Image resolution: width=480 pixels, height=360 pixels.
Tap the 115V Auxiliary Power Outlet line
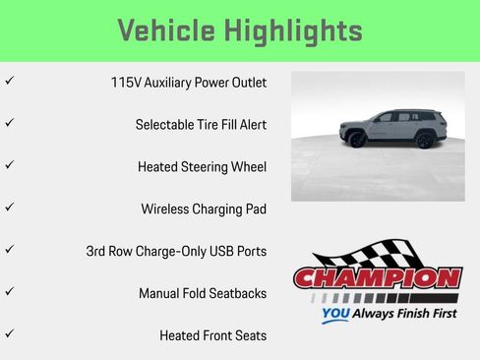coord(189,83)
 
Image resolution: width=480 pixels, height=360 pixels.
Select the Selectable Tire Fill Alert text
coord(201,125)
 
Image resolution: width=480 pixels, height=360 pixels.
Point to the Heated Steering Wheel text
coord(202,167)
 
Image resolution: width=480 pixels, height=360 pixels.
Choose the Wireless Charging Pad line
coord(204,209)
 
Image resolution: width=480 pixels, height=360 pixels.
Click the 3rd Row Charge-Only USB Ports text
coord(176,251)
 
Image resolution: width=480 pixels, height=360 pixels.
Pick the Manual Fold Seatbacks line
coord(203,293)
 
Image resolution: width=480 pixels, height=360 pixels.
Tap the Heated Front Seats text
coord(212,335)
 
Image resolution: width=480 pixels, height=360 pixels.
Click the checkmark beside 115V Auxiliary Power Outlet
coord(9,81)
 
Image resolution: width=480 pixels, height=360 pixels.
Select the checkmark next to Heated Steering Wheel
coord(9,165)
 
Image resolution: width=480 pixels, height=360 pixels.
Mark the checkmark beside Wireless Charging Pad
coord(9,207)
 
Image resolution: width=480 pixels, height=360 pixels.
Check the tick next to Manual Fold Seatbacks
coord(9,291)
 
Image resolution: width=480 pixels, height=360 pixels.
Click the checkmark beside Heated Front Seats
coord(9,333)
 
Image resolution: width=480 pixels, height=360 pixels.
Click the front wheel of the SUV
coord(357,141)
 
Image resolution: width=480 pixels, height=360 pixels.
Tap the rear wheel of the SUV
coord(424,141)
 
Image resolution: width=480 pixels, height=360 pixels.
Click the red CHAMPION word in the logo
coord(378,278)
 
